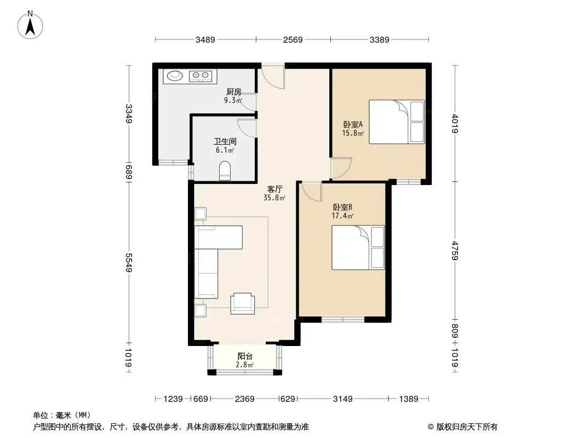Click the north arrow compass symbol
click(30, 25)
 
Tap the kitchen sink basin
click(175, 76)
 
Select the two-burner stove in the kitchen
click(201, 76)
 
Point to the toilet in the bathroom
click(225, 171)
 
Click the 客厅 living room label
click(275, 189)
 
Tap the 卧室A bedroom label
click(353, 124)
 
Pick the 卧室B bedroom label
click(342, 207)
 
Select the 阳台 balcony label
click(245, 356)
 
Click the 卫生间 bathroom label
click(225, 141)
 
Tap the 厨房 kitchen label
click(233, 91)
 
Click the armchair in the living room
click(243, 304)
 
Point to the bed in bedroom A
click(397, 122)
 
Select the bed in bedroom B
click(358, 247)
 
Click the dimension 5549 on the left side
click(129, 263)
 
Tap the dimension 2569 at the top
click(293, 39)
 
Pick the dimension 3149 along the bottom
click(342, 399)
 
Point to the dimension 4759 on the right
click(455, 250)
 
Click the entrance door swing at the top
click(273, 77)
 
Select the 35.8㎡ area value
click(274, 198)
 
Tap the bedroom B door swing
click(312, 192)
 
